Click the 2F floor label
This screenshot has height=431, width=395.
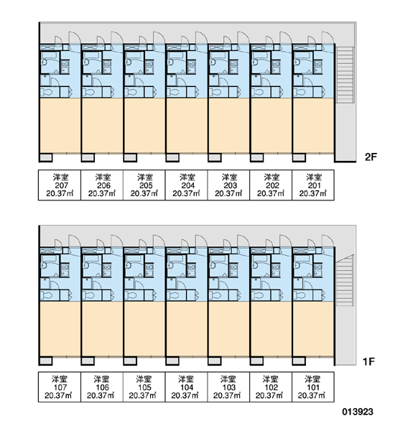click(371, 157)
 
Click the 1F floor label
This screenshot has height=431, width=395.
click(369, 361)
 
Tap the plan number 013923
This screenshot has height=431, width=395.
click(358, 412)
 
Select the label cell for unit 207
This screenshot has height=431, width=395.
click(60, 185)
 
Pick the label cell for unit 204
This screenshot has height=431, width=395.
click(186, 185)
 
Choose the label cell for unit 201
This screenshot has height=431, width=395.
click(313, 185)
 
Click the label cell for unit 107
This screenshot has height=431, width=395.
click(60, 387)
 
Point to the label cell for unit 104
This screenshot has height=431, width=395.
click(186, 387)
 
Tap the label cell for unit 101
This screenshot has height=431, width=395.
click(313, 387)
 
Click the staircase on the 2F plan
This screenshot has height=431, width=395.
click(345, 75)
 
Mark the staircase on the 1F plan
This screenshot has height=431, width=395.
click(345, 280)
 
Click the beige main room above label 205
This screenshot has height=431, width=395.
click(144, 125)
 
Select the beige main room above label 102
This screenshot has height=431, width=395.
click(271, 329)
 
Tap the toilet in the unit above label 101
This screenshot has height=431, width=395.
click(301, 295)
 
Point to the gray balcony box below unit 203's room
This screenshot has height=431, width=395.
click(215, 158)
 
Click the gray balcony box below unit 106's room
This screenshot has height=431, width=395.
click(88, 361)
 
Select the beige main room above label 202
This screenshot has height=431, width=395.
click(271, 125)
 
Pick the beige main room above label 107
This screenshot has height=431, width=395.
click(60, 329)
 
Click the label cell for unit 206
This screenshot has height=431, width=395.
click(102, 185)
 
